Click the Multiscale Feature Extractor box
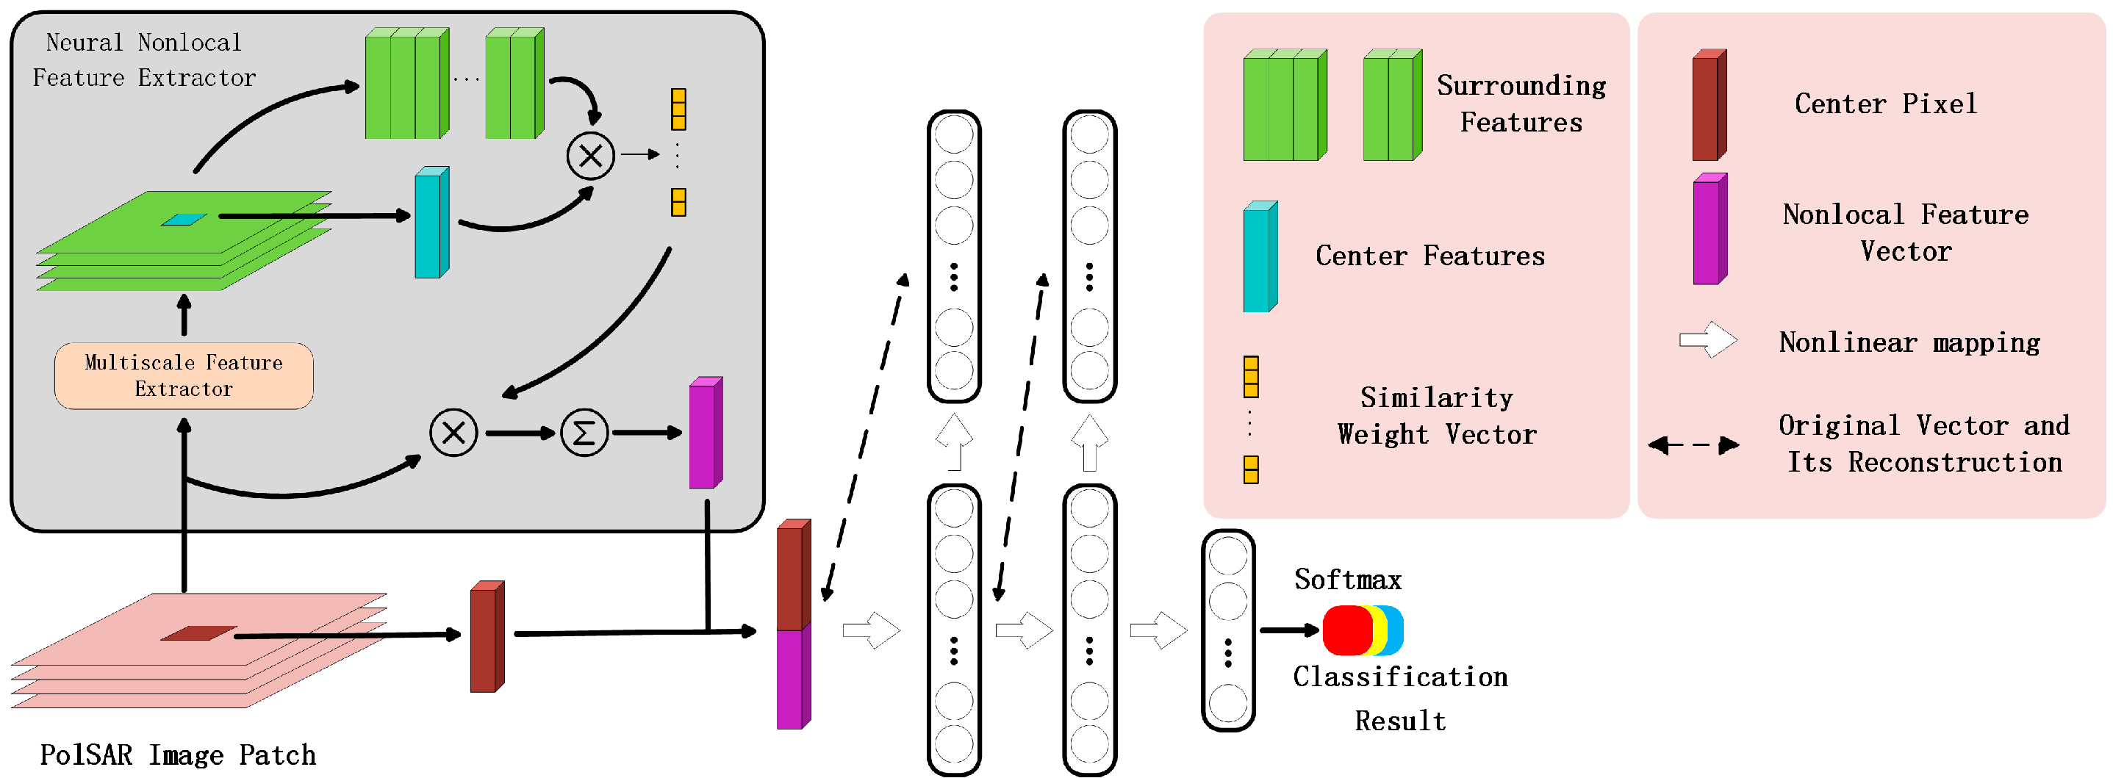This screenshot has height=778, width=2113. point(184,375)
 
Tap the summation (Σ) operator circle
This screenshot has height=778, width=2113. point(584,433)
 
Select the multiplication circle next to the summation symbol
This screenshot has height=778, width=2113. point(453,433)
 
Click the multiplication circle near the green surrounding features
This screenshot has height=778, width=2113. point(591,155)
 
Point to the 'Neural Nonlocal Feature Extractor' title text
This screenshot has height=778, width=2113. point(143,60)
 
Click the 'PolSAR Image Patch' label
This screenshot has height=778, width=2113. point(178,754)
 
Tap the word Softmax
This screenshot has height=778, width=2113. point(1348,580)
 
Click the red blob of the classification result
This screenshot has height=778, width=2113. point(1346,630)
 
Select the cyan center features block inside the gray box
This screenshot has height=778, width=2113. point(431,223)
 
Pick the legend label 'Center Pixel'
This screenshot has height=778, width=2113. point(1885,104)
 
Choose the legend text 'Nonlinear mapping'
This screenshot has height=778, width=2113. point(1909,342)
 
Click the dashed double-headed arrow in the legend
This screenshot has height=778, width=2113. point(1693,445)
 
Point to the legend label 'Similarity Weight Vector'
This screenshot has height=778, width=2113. point(1435,416)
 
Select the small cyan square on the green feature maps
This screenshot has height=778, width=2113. point(184,219)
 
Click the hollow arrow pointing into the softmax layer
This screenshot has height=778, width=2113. point(1158,630)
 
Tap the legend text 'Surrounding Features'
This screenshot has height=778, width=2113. point(1521,104)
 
